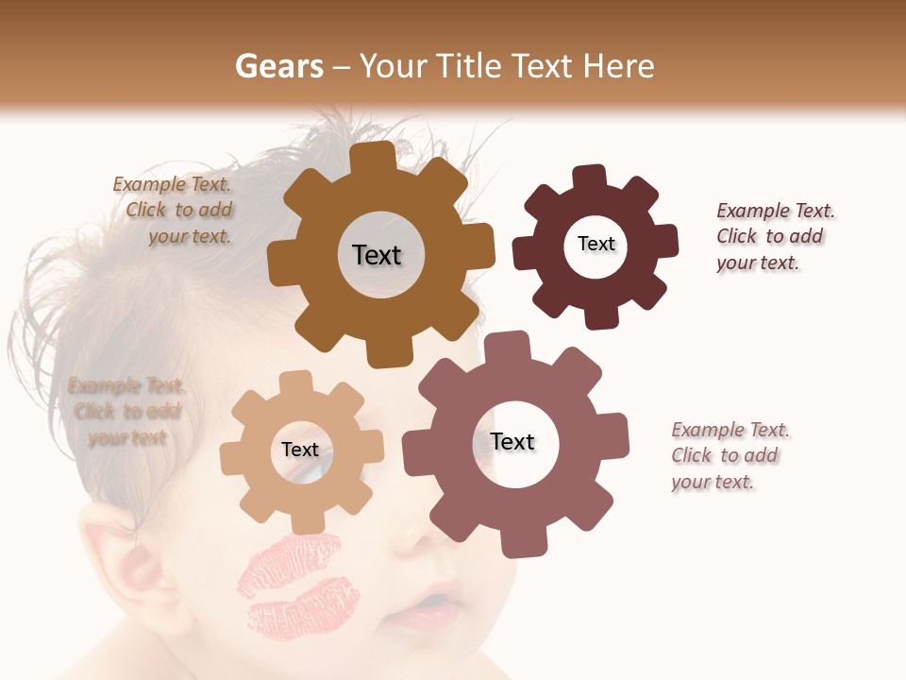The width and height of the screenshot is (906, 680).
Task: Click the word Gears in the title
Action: coord(278,66)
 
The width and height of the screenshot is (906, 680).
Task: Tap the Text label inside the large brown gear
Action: coord(377,255)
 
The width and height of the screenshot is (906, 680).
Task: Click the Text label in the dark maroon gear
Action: coord(596,244)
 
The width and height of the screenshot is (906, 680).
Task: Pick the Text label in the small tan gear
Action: coord(300,450)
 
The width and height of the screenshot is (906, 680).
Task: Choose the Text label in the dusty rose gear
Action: coord(512,442)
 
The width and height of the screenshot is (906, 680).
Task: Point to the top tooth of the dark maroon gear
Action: coord(590,176)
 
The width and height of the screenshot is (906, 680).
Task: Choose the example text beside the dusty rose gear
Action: coord(730,456)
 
